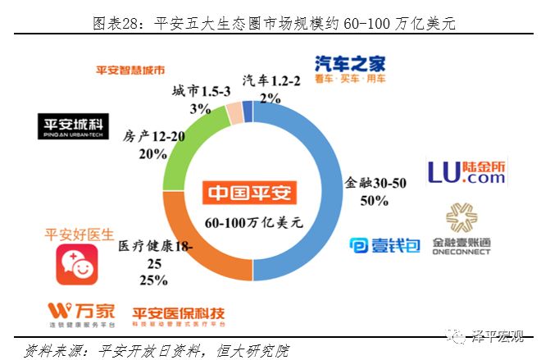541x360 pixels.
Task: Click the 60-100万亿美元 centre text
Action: click(254, 221)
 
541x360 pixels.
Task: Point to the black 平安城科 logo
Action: click(73, 125)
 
